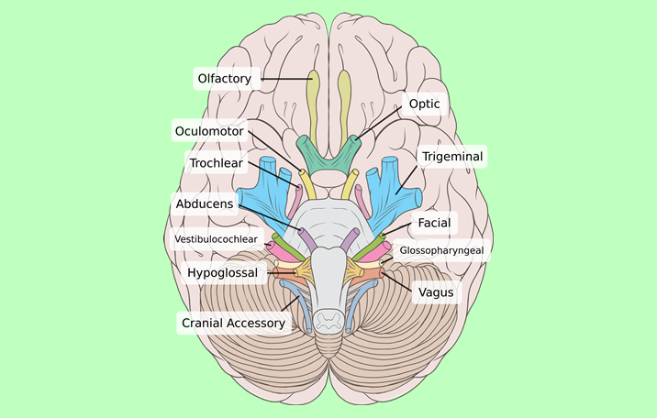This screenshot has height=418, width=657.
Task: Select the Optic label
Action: [x=424, y=104]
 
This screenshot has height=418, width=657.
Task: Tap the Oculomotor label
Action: [x=209, y=131]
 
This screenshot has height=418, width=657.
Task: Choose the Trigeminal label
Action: [x=451, y=157]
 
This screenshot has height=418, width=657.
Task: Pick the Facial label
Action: [x=432, y=223]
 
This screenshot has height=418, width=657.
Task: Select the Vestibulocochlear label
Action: [x=217, y=240]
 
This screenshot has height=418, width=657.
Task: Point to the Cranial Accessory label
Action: [x=234, y=323]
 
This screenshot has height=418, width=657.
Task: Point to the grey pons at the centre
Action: [x=328, y=225]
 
